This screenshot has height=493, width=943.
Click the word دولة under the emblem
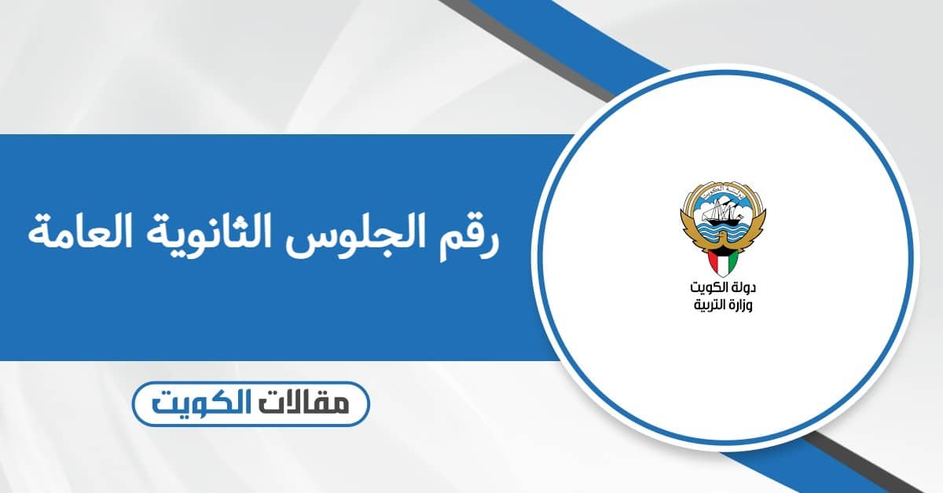tap(743, 288)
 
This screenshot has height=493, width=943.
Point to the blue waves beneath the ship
tap(721, 231)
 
